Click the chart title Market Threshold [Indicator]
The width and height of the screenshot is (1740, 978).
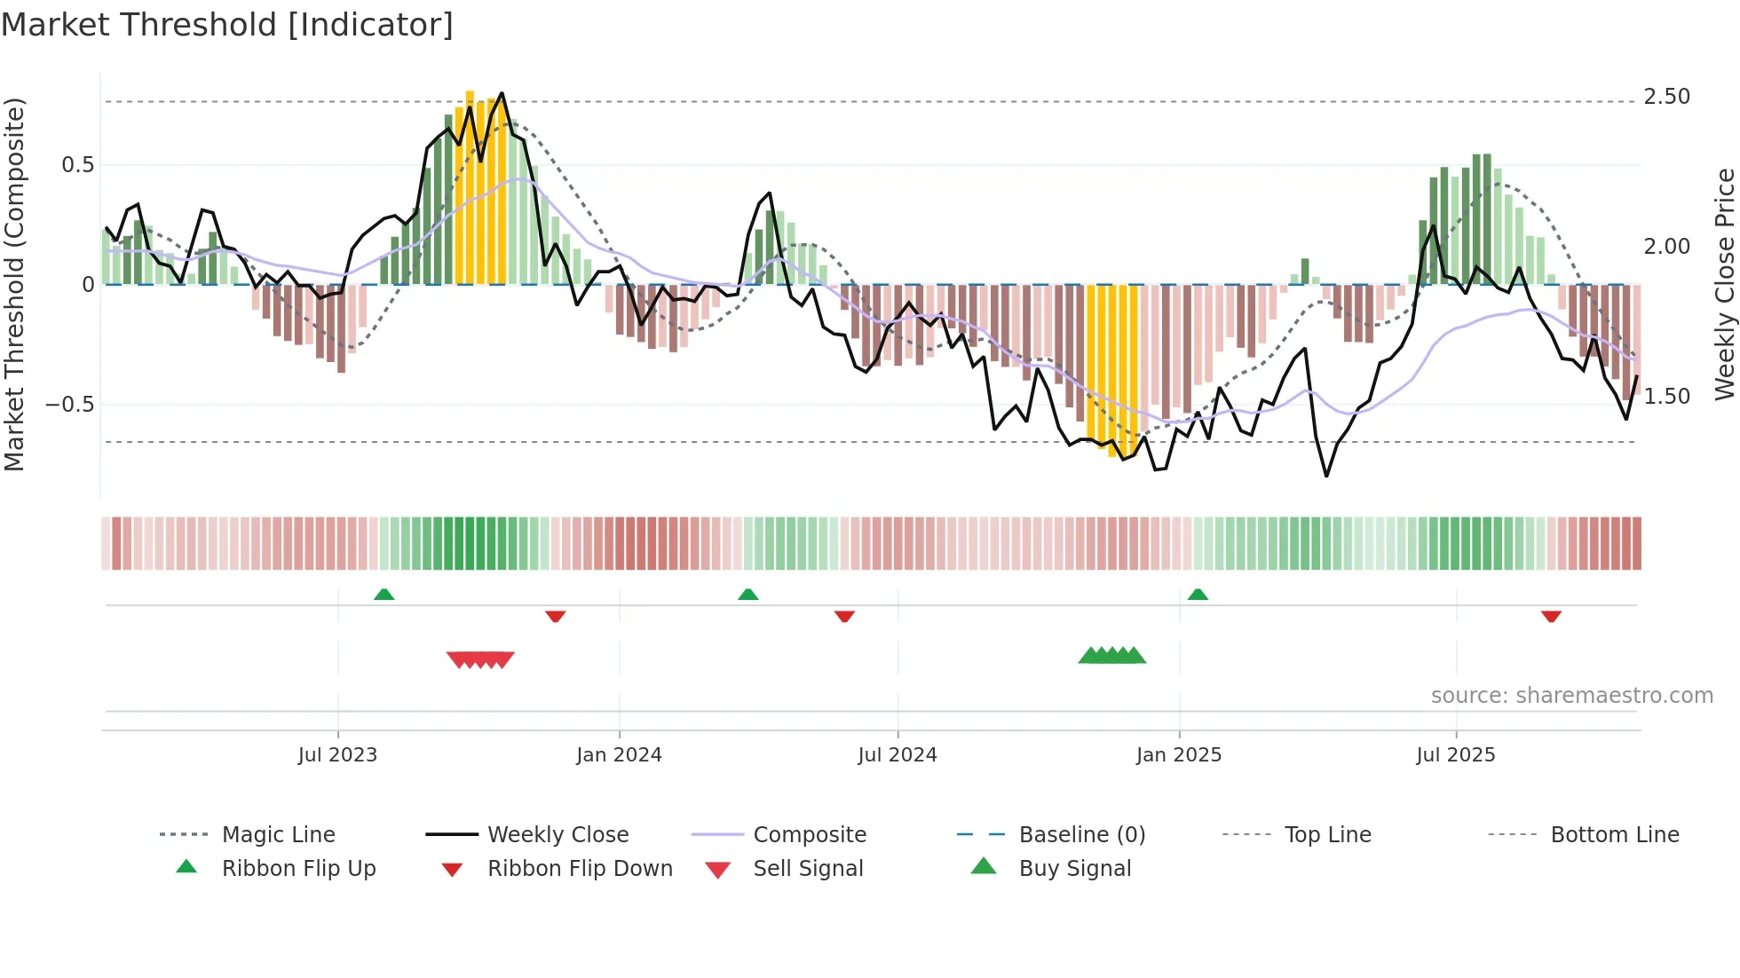[x=227, y=25]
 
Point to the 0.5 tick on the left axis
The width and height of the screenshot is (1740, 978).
[x=77, y=165]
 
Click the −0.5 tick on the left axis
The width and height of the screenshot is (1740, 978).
[x=69, y=405]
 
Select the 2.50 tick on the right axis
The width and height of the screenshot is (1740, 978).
[x=1666, y=97]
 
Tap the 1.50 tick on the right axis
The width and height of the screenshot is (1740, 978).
[x=1666, y=397]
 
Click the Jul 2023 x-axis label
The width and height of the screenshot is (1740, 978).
[x=337, y=755]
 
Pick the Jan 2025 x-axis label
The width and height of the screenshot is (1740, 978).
[x=1178, y=755]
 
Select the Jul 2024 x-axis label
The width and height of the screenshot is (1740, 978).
[x=897, y=755]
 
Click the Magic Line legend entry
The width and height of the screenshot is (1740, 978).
[x=278, y=835]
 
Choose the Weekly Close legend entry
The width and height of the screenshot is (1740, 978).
[x=558, y=835]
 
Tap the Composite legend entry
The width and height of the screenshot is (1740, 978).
[x=809, y=835]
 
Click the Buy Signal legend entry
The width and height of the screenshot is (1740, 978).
[x=1074, y=869]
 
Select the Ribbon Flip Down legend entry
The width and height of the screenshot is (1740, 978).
[x=580, y=869]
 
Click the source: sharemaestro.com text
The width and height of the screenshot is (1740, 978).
[x=1571, y=696]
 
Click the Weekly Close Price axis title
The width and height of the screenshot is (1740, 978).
[x=1724, y=284]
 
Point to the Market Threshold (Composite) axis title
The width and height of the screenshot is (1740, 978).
[x=14, y=284]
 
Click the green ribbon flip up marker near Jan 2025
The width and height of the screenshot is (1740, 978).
[x=1198, y=595]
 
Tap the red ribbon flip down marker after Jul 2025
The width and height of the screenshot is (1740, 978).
[x=1551, y=616]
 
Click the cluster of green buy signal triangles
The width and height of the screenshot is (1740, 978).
[x=1111, y=656]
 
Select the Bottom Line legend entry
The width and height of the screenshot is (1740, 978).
[x=1614, y=835]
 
